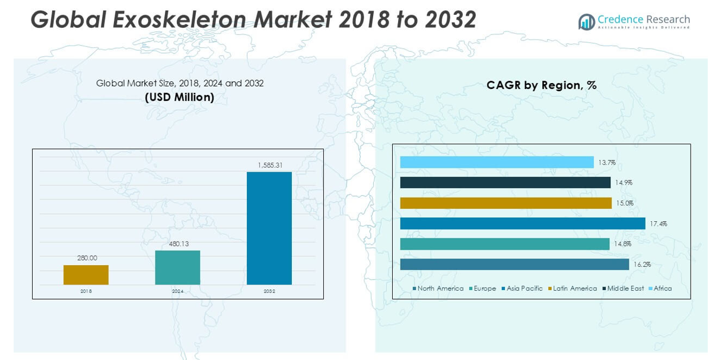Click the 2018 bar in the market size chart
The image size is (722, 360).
[86, 275]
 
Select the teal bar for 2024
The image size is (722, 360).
[177, 267]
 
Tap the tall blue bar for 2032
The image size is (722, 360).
[269, 228]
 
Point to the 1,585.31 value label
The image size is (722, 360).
[269, 165]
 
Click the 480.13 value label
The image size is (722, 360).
[177, 243]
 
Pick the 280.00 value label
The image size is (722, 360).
[87, 258]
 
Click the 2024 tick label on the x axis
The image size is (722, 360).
[177, 291]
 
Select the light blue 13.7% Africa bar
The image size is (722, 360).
[497, 162]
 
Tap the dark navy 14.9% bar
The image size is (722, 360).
[505, 183]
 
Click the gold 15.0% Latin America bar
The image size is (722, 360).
[505, 203]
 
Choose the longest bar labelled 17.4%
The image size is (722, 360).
[522, 224]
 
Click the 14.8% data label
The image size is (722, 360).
[622, 244]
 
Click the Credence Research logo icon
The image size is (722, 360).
[586, 22]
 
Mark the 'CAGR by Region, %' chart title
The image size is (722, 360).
[541, 85]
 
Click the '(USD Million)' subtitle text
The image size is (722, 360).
[179, 97]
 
